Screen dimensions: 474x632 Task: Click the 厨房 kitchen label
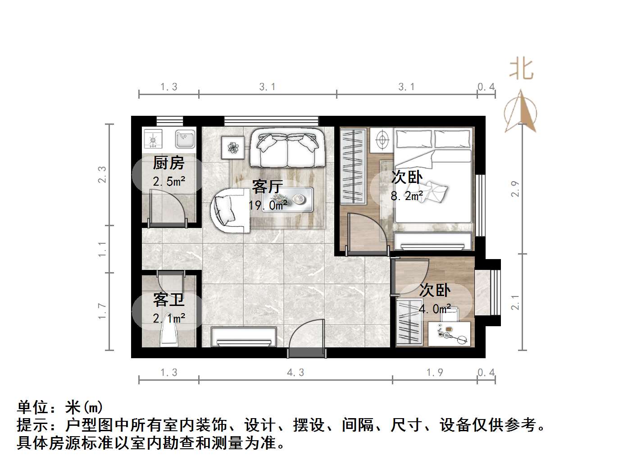click(x=168, y=163)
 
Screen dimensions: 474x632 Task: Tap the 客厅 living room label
click(x=268, y=186)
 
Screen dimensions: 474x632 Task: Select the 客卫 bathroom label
click(x=168, y=300)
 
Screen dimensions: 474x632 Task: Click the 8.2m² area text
click(x=407, y=196)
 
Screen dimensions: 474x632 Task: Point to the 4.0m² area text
click(x=435, y=309)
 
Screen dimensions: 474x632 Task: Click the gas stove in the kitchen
click(x=153, y=139)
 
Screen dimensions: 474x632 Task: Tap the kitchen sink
click(x=185, y=139)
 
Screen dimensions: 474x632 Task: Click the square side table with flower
click(x=233, y=147)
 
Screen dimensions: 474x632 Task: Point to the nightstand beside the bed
click(x=382, y=140)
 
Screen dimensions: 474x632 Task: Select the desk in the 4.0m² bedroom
click(x=450, y=333)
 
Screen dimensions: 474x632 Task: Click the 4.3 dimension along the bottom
click(x=295, y=373)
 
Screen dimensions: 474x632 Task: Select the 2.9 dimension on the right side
click(x=516, y=188)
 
